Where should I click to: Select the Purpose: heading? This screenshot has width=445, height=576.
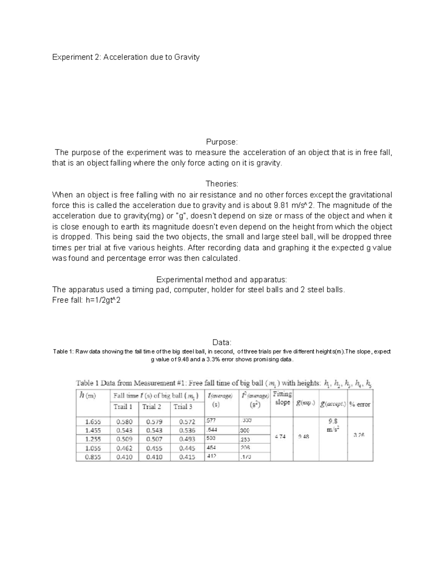pyautogui.click(x=222, y=142)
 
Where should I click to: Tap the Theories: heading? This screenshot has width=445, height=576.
pyautogui.click(x=222, y=184)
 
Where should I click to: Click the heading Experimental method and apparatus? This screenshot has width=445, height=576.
pyautogui.click(x=222, y=280)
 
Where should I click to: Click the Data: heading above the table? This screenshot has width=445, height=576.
pyautogui.click(x=222, y=342)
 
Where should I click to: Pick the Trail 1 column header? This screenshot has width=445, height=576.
pyautogui.click(x=123, y=407)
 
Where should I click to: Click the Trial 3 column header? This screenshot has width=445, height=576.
pyautogui.click(x=183, y=407)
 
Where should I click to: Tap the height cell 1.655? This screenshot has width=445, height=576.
pyautogui.click(x=93, y=422)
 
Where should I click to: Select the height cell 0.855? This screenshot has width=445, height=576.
pyautogui.click(x=93, y=457)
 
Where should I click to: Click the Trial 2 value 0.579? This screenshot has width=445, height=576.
pyautogui.click(x=154, y=422)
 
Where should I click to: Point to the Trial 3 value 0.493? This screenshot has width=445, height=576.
pyautogui.click(x=187, y=440)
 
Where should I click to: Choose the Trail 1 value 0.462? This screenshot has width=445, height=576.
pyautogui.click(x=124, y=448)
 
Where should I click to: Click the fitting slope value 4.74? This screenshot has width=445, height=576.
pyautogui.click(x=280, y=437)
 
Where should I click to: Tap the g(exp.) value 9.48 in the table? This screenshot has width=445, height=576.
pyautogui.click(x=304, y=437)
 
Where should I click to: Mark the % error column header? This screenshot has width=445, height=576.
pyautogui.click(x=360, y=405)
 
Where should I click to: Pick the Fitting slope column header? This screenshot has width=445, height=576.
pyautogui.click(x=282, y=398)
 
